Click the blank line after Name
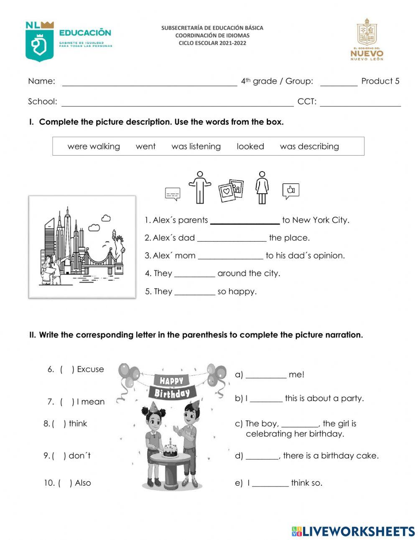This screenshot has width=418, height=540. tap(149, 82)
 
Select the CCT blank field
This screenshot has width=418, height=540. tap(360, 102)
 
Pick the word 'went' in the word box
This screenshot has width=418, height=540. tap(145, 146)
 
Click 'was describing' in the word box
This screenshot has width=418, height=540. tap(309, 146)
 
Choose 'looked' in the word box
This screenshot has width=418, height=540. tap(250, 146)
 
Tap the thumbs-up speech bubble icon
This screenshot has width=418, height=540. tap(291, 191)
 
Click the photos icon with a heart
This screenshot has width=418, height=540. tap(231, 191)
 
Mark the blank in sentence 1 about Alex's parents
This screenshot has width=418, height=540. tap(245, 220)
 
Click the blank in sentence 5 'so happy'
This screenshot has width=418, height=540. tap(194, 292)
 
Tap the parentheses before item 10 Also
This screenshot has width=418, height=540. tap(65, 483)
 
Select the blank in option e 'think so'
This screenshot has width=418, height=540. tap(270, 484)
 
